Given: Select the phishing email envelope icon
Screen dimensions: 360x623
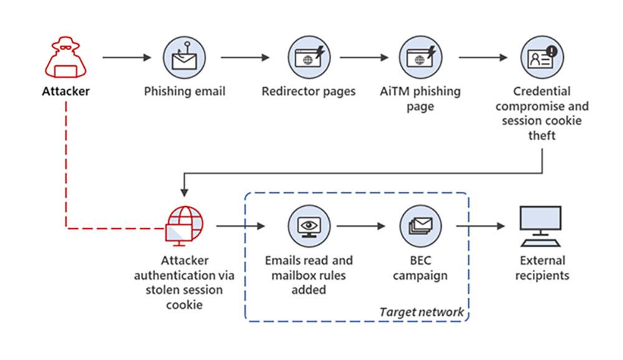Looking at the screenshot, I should coord(184,57).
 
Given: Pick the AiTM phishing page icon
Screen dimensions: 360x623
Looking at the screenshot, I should coord(420,57).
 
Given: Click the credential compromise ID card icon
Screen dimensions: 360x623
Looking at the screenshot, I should coord(542,57).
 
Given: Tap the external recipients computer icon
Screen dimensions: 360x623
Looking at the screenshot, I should coord(540,226).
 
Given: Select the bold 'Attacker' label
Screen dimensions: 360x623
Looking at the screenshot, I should coord(66,92).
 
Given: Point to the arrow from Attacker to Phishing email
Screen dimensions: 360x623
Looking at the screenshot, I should coord(126,58).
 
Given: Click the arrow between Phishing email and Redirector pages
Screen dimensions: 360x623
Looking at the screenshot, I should coord(245,58).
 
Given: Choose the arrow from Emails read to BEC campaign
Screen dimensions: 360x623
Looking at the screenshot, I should coord(364,226).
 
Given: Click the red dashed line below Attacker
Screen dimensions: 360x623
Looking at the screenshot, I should coord(66,162).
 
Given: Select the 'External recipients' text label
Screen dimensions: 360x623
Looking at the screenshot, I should coord(541,268).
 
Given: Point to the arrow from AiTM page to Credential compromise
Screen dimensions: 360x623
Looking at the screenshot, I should coord(483,58).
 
